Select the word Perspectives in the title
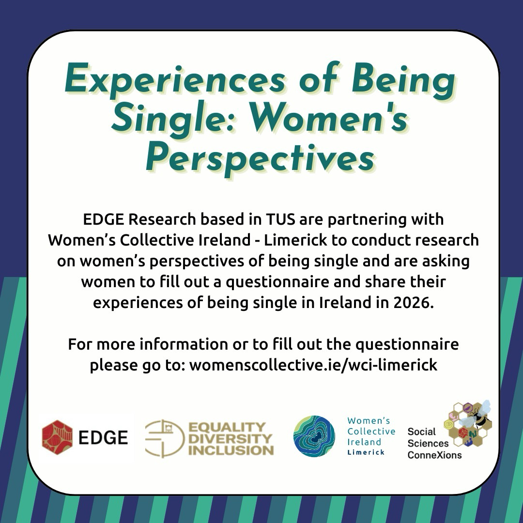coord(260,158)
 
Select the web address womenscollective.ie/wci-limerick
coord(313,365)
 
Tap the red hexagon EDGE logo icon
coord(57,437)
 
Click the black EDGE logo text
coord(103,437)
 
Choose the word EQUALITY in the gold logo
coord(227,427)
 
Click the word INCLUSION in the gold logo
coord(231,450)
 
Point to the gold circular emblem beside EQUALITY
coord(165,438)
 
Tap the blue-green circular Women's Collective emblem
coord(314,436)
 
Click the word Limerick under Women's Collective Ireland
coord(366,453)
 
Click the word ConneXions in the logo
coord(434,455)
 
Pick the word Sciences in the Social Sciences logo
coord(428,443)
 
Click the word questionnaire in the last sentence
coord(407,344)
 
